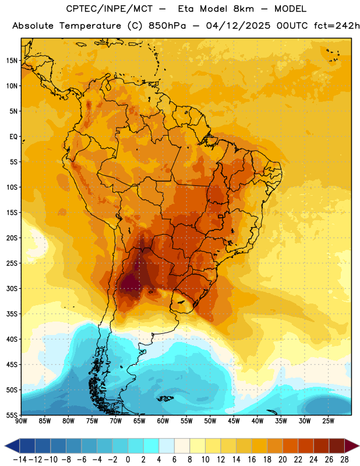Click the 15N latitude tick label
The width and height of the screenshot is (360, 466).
coord(12,61)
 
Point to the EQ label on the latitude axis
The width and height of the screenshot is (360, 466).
coord(13,137)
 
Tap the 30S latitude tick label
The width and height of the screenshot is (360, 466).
coord(12,288)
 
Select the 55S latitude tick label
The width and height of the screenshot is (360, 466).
coord(12,415)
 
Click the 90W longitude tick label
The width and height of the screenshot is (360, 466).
coord(22,421)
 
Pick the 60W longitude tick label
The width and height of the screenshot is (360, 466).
coord(163,421)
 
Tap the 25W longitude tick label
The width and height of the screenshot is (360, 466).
coord(328,421)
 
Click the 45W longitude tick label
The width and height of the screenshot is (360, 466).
coord(234,421)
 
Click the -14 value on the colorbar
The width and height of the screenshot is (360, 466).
coord(20,460)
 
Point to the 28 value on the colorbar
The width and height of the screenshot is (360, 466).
coord(344,460)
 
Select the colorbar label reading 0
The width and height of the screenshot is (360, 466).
coord(128,460)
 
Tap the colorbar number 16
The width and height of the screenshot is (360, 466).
coord(252,460)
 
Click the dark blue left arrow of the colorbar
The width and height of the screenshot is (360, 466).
coord(12,446)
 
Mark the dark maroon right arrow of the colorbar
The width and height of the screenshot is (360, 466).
coord(352,446)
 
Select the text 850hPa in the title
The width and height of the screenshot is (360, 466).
coord(167,26)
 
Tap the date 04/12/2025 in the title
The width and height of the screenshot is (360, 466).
coord(238,26)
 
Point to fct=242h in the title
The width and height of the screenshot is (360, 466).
coord(337,26)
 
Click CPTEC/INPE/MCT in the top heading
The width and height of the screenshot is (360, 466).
coord(110,9)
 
